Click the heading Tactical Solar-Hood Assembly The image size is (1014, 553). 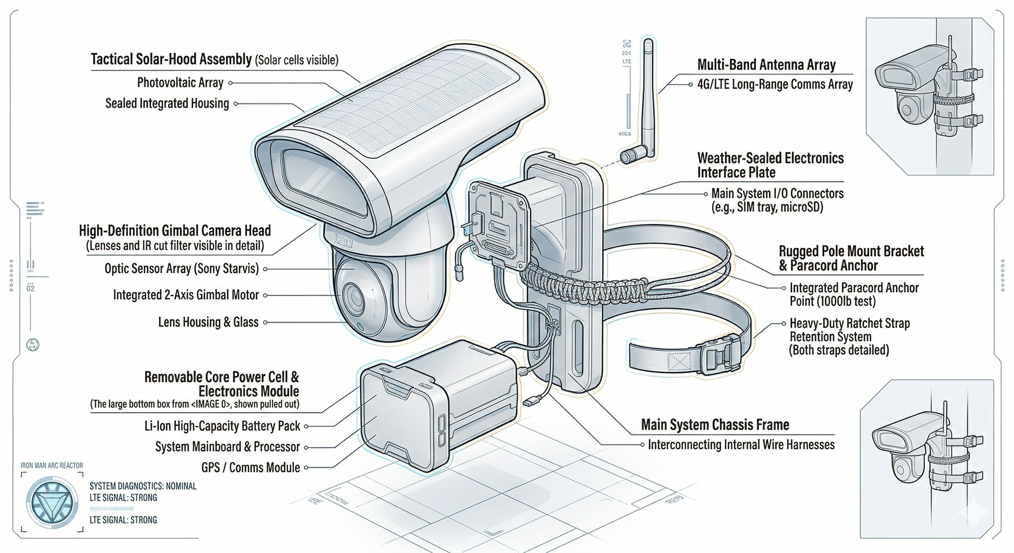point(171,59)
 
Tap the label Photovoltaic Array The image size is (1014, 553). point(180,83)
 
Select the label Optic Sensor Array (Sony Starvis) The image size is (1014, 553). point(181,269)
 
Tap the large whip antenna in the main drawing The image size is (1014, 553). point(648,98)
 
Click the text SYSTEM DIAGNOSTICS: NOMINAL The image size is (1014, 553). point(143,486)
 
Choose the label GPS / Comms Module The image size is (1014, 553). point(250,468)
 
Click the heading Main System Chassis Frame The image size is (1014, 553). point(715,425)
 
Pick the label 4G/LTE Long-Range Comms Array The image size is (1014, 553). point(775,85)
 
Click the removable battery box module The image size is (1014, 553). point(437,405)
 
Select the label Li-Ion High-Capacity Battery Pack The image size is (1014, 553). point(222,426)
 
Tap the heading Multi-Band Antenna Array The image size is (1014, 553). point(766,65)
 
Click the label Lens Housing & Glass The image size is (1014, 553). point(208,322)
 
